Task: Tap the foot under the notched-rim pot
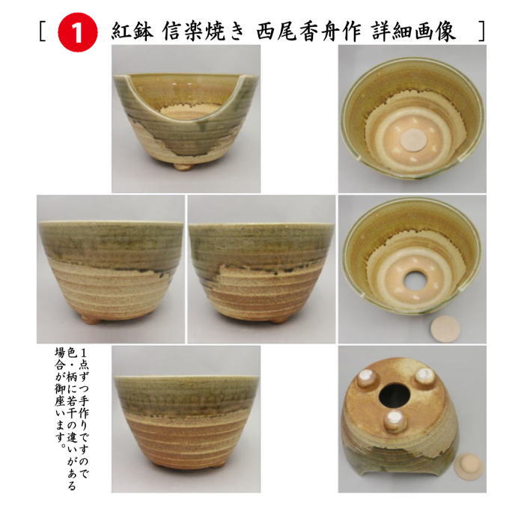tap(182, 165)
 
